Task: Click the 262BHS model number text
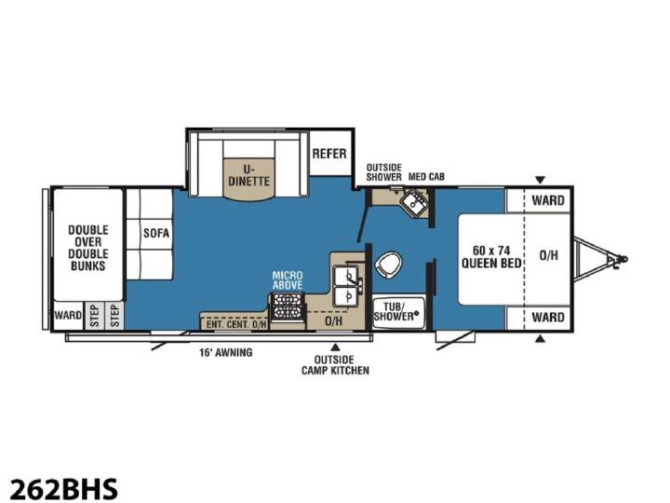coord(63,488)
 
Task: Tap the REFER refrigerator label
coord(329,154)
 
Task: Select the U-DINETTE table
coord(248,179)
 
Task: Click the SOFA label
coord(156,233)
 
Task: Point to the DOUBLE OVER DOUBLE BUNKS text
coord(88,248)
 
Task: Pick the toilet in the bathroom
coord(388,264)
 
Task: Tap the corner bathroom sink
coord(414,202)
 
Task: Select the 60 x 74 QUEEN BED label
coord(491,257)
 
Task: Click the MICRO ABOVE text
coord(288,280)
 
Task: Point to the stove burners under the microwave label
coord(288,306)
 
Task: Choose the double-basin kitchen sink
coord(347,286)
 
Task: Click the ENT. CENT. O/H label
coord(235,324)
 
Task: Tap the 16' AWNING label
coord(225,352)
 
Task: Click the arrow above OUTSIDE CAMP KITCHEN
coord(336,347)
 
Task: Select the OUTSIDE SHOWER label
coord(383,172)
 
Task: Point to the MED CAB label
coord(426,176)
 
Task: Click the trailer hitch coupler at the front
coord(619,260)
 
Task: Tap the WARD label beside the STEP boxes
coord(68,315)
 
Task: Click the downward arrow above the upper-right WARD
coord(540,180)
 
